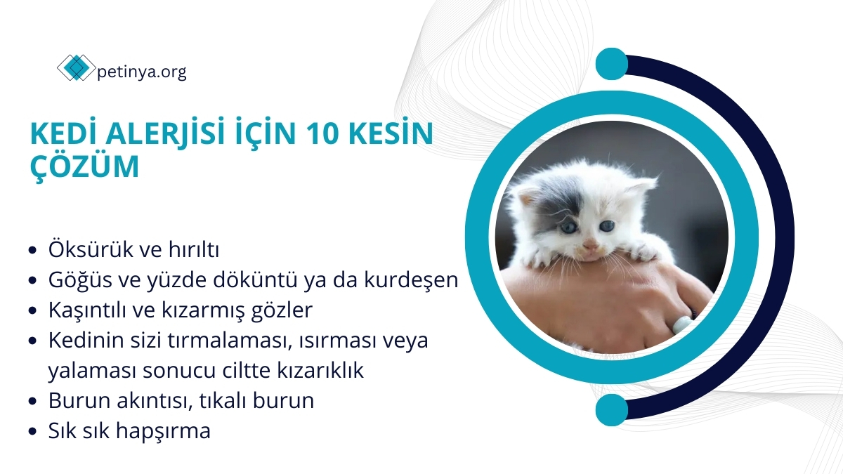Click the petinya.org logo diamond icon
click(x=75, y=68)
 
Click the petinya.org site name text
click(x=140, y=71)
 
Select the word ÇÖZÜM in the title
click(x=85, y=168)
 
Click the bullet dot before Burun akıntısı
click(x=32, y=402)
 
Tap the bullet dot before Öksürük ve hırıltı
click(x=32, y=250)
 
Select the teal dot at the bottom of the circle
click(x=612, y=410)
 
